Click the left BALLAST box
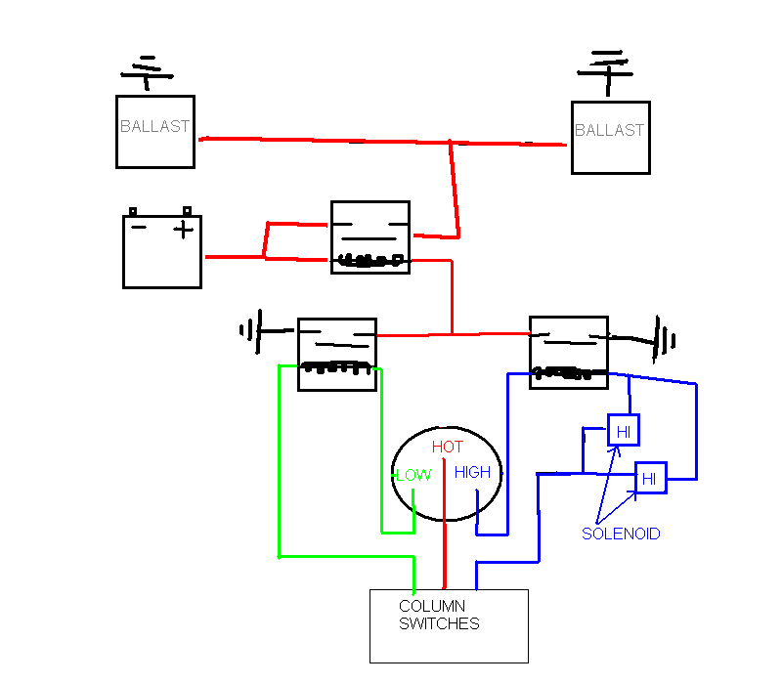[154, 131]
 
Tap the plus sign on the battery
[183, 230]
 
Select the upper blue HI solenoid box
[623, 429]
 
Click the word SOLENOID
[621, 534]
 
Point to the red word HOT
[447, 448]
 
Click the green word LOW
[413, 476]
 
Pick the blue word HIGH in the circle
[472, 473]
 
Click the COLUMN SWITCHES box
[449, 625]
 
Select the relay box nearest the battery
[369, 236]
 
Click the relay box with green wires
[336, 354]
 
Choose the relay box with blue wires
[568, 352]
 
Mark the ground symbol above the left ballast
[146, 70]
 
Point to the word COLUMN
[431, 606]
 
